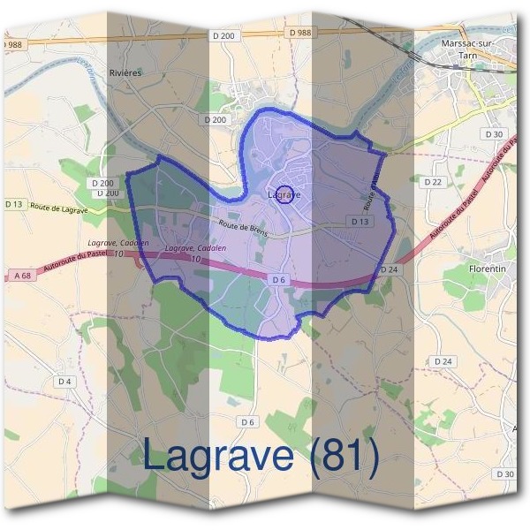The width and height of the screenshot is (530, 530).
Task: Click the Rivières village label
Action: (x=125, y=73)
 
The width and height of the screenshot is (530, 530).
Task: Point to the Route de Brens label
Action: (x=243, y=226)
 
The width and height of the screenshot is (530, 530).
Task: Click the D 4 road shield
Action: (x=64, y=382)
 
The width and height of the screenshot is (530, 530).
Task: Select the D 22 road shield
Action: (x=433, y=182)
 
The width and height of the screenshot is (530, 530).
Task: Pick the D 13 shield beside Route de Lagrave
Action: (x=13, y=204)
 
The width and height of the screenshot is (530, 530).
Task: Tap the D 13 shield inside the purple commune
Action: (x=359, y=222)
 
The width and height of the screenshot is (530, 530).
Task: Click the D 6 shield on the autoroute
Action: (x=278, y=280)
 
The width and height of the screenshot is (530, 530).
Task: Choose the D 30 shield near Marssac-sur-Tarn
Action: (x=494, y=134)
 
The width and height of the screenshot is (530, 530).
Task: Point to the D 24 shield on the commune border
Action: (x=390, y=269)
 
